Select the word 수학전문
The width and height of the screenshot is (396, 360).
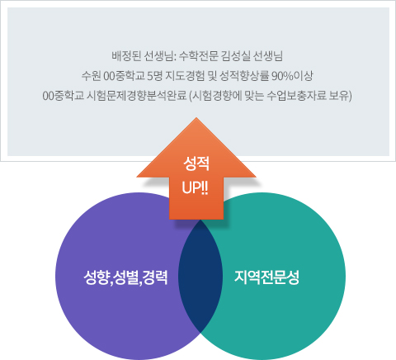198,56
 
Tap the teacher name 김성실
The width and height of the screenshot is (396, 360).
235,56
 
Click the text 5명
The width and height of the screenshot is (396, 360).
154,76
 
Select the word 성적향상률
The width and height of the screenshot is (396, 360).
244,76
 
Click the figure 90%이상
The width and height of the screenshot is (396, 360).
292,76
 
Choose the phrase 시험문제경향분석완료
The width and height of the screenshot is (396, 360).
136,96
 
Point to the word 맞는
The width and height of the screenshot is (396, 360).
253,96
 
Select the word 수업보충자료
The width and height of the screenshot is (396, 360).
297,96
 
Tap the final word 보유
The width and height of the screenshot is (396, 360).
339,96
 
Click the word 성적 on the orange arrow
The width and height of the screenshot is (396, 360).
196,163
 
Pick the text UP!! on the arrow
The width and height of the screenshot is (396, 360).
195,188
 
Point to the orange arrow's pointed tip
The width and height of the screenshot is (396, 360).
196,118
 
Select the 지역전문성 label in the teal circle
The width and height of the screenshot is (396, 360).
266,277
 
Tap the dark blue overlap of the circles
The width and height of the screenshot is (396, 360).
200,276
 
